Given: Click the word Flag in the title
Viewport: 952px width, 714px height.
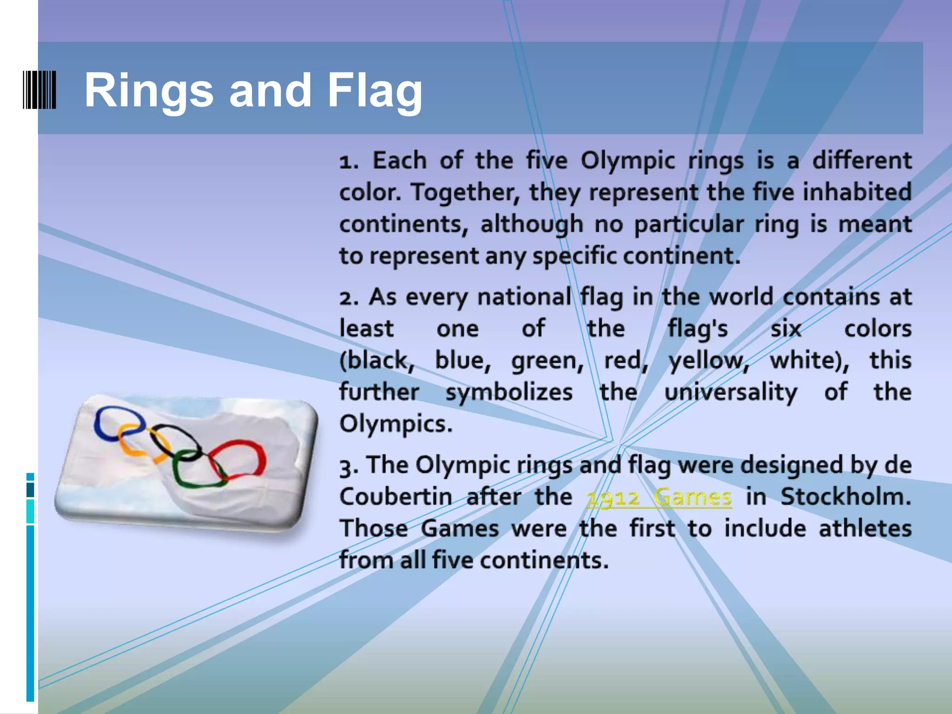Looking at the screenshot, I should point(375,91).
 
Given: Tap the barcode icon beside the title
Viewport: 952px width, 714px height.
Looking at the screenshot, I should point(40,90).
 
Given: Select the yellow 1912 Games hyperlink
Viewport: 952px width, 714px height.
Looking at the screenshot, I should point(659,497).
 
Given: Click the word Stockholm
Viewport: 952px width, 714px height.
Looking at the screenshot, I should point(846,496).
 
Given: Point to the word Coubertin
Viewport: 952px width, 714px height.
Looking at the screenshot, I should point(395,496).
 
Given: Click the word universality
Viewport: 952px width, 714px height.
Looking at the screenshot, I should point(730,392).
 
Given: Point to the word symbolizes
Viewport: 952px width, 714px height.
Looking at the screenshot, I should point(509,392).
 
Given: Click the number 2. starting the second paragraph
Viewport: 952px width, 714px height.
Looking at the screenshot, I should point(349,297).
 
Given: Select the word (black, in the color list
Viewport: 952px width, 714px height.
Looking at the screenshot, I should point(377,360).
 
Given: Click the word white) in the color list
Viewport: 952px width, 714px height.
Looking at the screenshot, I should point(809,360).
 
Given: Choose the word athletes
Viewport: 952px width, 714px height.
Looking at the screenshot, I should point(865,529).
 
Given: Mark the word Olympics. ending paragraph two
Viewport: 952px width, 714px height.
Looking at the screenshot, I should point(396,424).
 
